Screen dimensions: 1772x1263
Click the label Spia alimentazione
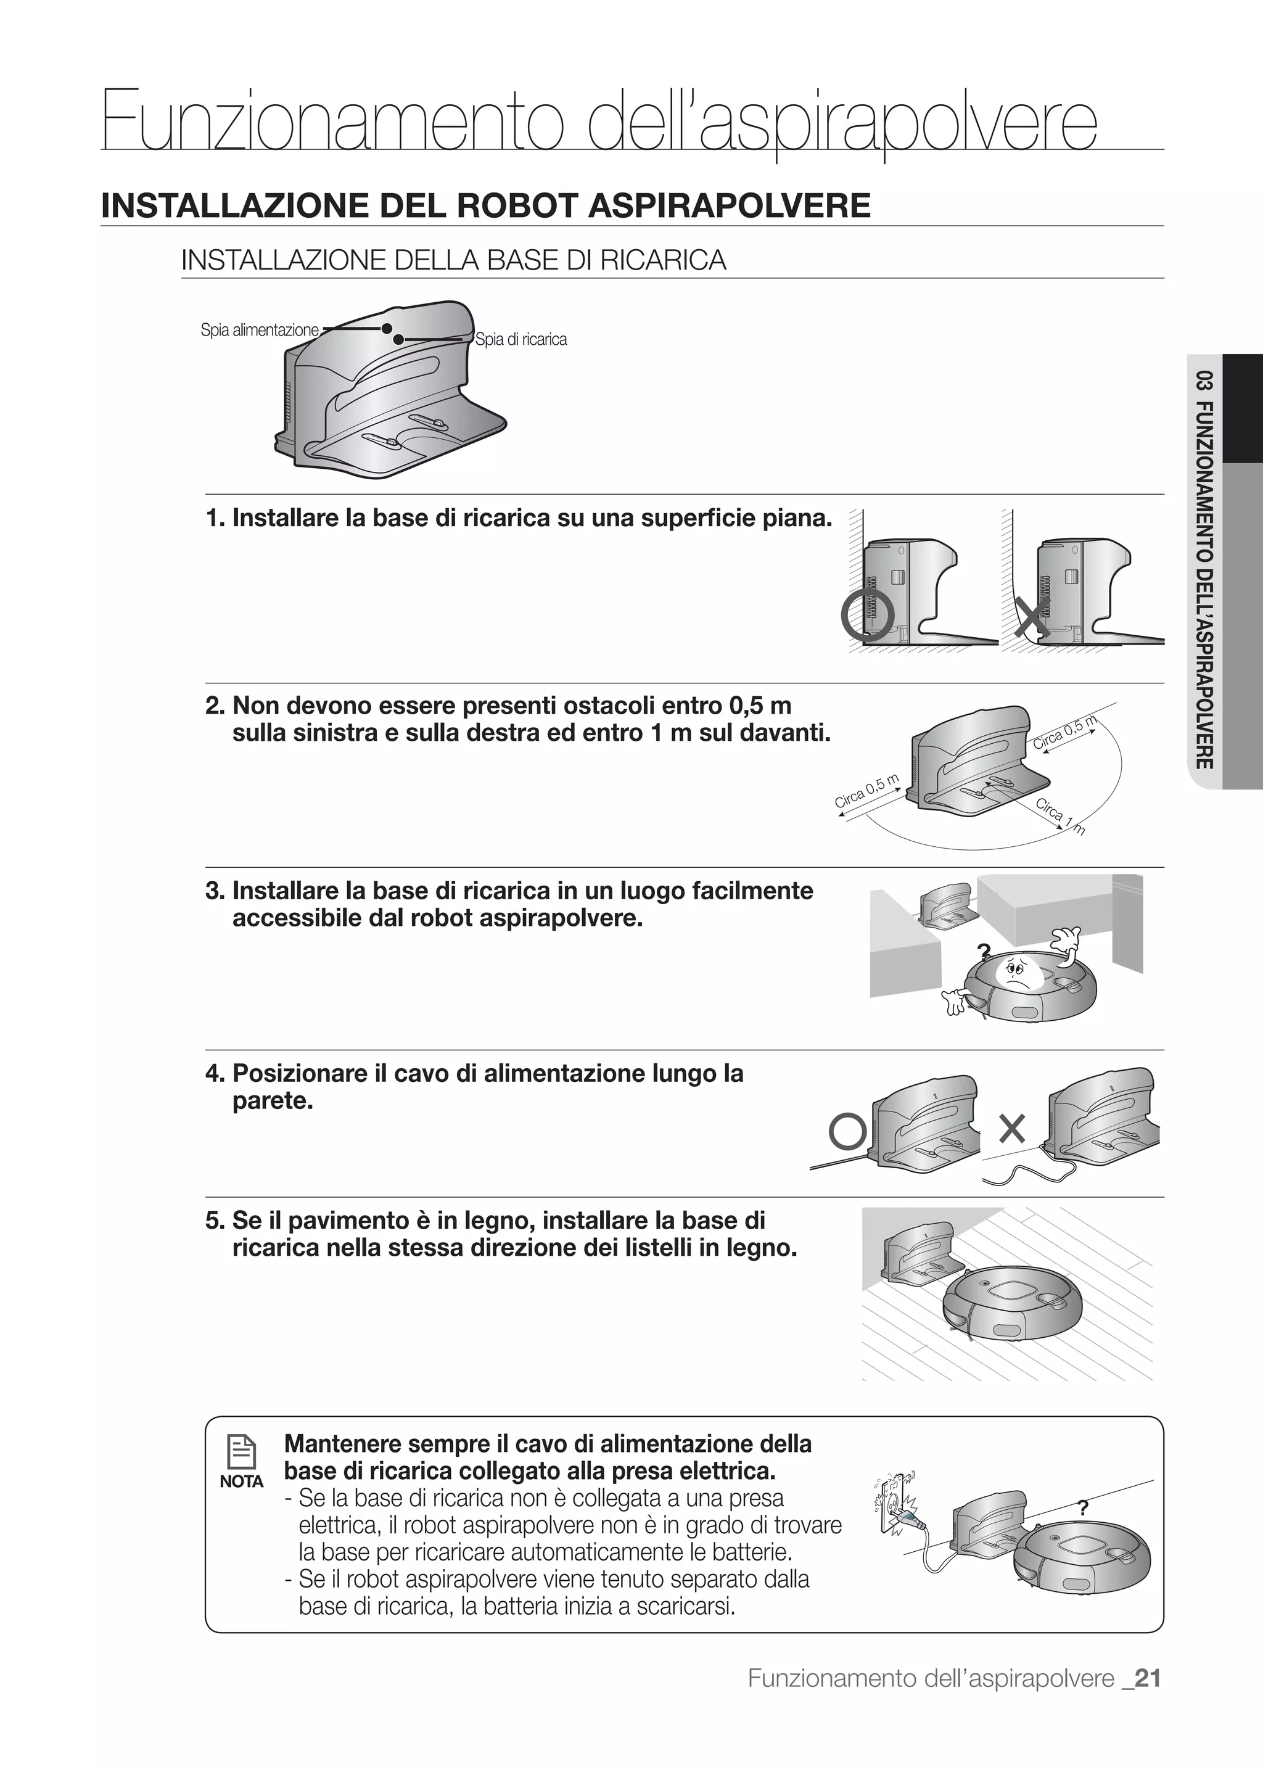[259, 330]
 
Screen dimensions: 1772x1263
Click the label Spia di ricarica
[521, 339]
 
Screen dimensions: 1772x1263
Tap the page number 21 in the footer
[1147, 1700]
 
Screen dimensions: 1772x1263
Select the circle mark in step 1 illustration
[864, 616]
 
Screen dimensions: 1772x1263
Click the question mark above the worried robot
[983, 950]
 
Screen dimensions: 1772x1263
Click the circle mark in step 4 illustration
[848, 1132]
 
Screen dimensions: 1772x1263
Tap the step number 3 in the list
[213, 891]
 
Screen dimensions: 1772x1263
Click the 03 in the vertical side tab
[1204, 384]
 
